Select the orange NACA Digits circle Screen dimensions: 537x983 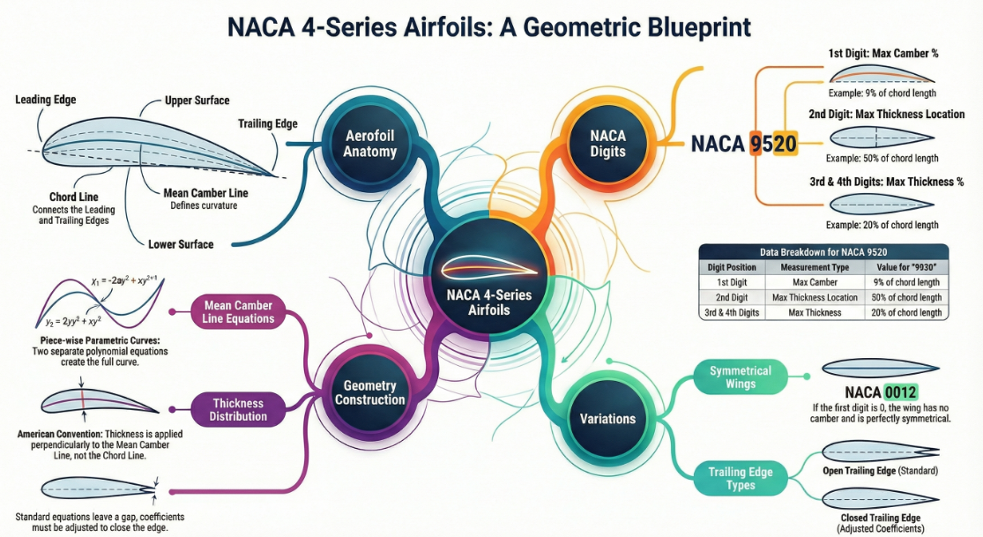608,142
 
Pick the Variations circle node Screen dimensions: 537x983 608,418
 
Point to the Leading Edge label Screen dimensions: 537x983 45,100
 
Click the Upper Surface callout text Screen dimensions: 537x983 197,101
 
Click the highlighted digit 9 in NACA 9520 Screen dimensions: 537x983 756,144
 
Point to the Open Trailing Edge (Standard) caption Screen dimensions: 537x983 880,471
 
